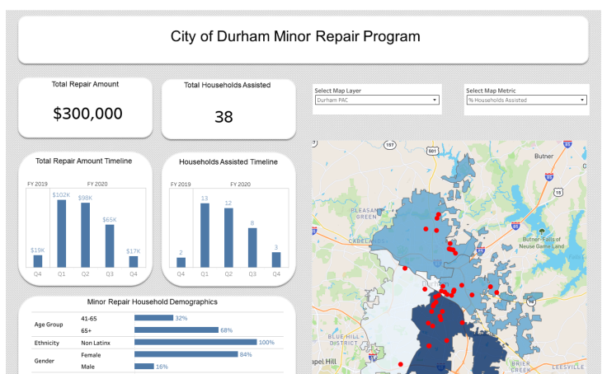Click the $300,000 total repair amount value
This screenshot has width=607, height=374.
(x=87, y=114)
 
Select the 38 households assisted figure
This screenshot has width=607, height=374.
(x=224, y=117)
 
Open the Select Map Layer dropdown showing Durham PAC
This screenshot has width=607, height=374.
(x=376, y=101)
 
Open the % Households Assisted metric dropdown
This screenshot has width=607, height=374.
(x=526, y=101)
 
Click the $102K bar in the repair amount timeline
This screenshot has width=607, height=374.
(x=61, y=233)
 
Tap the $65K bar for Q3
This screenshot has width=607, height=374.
(x=109, y=245)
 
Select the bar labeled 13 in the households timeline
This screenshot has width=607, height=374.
(x=205, y=235)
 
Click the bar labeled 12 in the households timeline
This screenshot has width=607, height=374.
(x=228, y=237)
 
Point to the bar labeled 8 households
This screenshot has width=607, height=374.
(x=252, y=247)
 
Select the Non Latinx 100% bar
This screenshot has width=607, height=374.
(x=195, y=342)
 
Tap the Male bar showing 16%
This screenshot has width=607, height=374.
(x=144, y=367)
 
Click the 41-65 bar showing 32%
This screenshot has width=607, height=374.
(x=153, y=317)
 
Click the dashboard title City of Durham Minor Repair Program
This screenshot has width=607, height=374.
(x=294, y=37)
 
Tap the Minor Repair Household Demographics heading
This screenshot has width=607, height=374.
(x=152, y=302)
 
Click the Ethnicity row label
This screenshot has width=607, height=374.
(x=46, y=342)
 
